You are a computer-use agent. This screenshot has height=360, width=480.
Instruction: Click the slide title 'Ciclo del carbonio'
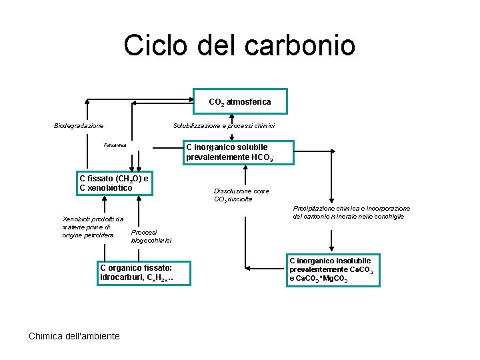pyautogui.click(x=239, y=45)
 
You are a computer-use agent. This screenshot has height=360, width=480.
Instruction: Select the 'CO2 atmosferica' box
pyautogui.click(x=240, y=102)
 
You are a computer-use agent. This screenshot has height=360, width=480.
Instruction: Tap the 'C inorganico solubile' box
pyautogui.click(x=227, y=152)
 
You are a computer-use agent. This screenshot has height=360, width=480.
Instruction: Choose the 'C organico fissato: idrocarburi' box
pyautogui.click(x=136, y=272)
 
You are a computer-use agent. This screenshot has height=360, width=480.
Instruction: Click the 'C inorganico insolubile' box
pyautogui.click(x=333, y=270)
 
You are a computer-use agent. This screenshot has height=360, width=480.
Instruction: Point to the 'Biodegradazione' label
pyautogui.click(x=79, y=125)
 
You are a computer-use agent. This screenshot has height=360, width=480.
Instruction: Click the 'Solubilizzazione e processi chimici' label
pyautogui.click(x=224, y=125)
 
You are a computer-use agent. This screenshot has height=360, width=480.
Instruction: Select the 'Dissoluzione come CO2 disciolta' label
pyautogui.click(x=241, y=195)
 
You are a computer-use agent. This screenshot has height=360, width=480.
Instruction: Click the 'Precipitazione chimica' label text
pyautogui.click(x=351, y=212)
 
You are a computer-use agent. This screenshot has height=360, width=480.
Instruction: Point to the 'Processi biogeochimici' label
pyautogui.click(x=151, y=236)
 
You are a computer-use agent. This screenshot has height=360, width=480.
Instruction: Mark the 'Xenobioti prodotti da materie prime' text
pyautogui.click(x=92, y=227)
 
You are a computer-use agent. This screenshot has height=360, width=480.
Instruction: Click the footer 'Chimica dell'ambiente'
pyautogui.click(x=74, y=336)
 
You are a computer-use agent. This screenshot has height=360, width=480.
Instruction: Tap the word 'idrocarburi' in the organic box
pyautogui.click(x=122, y=277)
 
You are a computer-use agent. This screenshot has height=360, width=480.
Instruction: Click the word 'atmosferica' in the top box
pyautogui.click(x=249, y=102)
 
